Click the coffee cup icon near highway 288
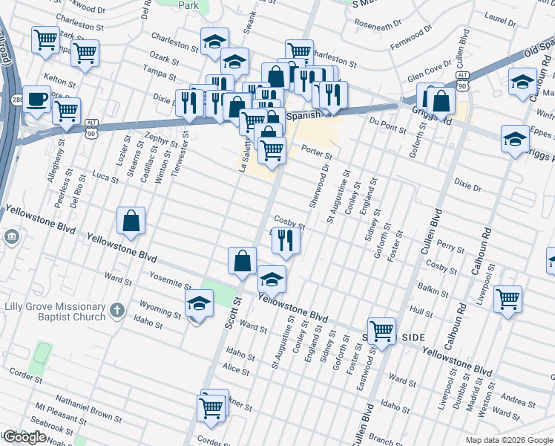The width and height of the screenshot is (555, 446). [x=36, y=100]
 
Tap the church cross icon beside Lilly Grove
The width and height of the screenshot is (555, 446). [x=116, y=311]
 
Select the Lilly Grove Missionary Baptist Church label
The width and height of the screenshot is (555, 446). [x=53, y=312]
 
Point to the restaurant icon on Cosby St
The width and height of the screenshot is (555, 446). [x=285, y=240]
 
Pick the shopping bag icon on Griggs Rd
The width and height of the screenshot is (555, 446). [x=440, y=102]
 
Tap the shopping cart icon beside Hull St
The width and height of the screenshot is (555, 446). [x=508, y=300]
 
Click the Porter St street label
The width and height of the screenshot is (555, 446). [x=316, y=151]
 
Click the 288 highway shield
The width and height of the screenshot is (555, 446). [x=16, y=98]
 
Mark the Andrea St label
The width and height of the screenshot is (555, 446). [x=519, y=402]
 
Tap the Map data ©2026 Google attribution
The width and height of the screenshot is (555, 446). [x=508, y=440]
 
